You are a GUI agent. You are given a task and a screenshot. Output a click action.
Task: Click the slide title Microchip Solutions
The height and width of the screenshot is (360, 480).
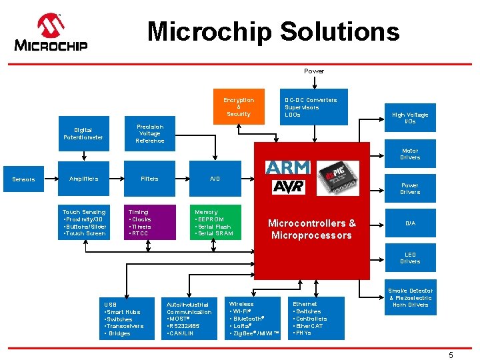tap(273, 31)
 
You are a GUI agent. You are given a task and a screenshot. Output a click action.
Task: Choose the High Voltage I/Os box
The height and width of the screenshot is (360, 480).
tap(410, 118)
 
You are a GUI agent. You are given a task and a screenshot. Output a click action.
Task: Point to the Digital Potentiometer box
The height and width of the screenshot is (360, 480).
tap(83, 133)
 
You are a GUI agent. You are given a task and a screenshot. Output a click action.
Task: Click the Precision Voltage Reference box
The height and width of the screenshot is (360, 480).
tap(150, 133)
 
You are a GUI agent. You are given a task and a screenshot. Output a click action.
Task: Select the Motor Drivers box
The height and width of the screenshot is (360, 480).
tap(410, 154)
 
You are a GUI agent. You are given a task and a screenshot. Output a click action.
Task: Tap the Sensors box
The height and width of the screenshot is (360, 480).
tap(24, 179)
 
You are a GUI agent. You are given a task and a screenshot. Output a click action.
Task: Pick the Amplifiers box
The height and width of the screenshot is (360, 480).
tap(83, 179)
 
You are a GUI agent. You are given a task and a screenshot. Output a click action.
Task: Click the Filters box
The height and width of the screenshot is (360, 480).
tap(150, 179)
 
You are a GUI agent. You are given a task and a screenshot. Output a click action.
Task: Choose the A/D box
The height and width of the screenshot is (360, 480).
tap(215, 179)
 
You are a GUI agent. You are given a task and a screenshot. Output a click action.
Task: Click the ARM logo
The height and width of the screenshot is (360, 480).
tap(288, 167)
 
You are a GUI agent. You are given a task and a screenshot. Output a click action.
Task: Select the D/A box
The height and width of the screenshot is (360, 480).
tap(410, 223)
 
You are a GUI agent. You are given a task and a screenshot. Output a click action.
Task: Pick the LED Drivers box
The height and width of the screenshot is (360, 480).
tap(410, 258)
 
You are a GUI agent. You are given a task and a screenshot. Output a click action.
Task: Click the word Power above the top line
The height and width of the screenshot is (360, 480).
tap(314, 71)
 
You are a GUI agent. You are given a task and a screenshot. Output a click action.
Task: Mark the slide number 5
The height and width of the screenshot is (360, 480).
tap(451, 355)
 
